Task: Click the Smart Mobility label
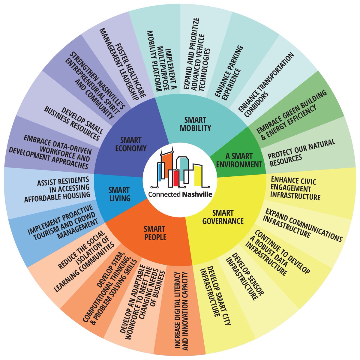(x=195, y=124)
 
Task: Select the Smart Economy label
(x=131, y=144)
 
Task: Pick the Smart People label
(x=155, y=233)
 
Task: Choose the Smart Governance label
(x=223, y=217)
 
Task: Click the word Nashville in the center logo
(x=197, y=194)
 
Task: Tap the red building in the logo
(x=175, y=178)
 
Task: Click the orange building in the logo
(x=167, y=165)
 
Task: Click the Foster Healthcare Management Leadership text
(x=123, y=64)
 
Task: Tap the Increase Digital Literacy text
(x=181, y=311)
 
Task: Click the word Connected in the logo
(x=164, y=194)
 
